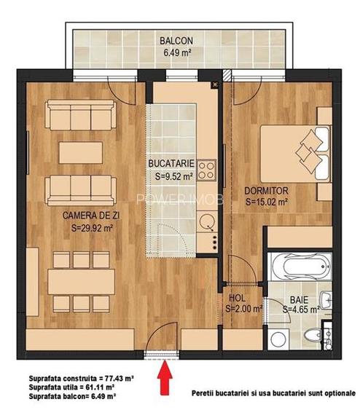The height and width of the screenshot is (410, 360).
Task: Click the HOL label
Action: pyautogui.click(x=236, y=298)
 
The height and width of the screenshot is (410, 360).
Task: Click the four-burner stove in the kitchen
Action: pyautogui.click(x=206, y=171)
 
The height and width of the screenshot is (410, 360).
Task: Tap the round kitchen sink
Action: pyautogui.click(x=208, y=219)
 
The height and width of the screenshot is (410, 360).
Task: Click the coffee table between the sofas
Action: pyautogui.click(x=77, y=151)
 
